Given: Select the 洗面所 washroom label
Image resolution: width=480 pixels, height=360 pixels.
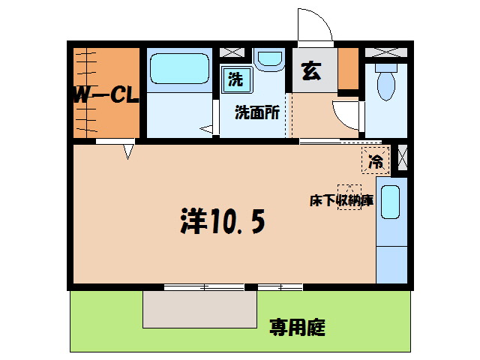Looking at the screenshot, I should click(x=257, y=113).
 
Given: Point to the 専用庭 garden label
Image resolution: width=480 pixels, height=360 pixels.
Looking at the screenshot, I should click(x=298, y=327).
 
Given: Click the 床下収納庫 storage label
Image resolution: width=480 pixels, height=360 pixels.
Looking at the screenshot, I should click(x=341, y=200).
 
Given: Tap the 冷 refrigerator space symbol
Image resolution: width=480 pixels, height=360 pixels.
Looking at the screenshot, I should click(x=376, y=160).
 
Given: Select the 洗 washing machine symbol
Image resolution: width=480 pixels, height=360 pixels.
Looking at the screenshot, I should click(x=236, y=78).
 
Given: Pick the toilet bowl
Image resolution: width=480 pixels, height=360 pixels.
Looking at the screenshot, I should click(x=386, y=82).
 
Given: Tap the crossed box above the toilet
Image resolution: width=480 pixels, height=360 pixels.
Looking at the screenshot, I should click(x=386, y=52).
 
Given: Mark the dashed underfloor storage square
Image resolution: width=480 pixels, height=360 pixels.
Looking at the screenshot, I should click(x=349, y=196).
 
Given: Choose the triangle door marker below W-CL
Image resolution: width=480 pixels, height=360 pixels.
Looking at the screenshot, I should click(x=128, y=151).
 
